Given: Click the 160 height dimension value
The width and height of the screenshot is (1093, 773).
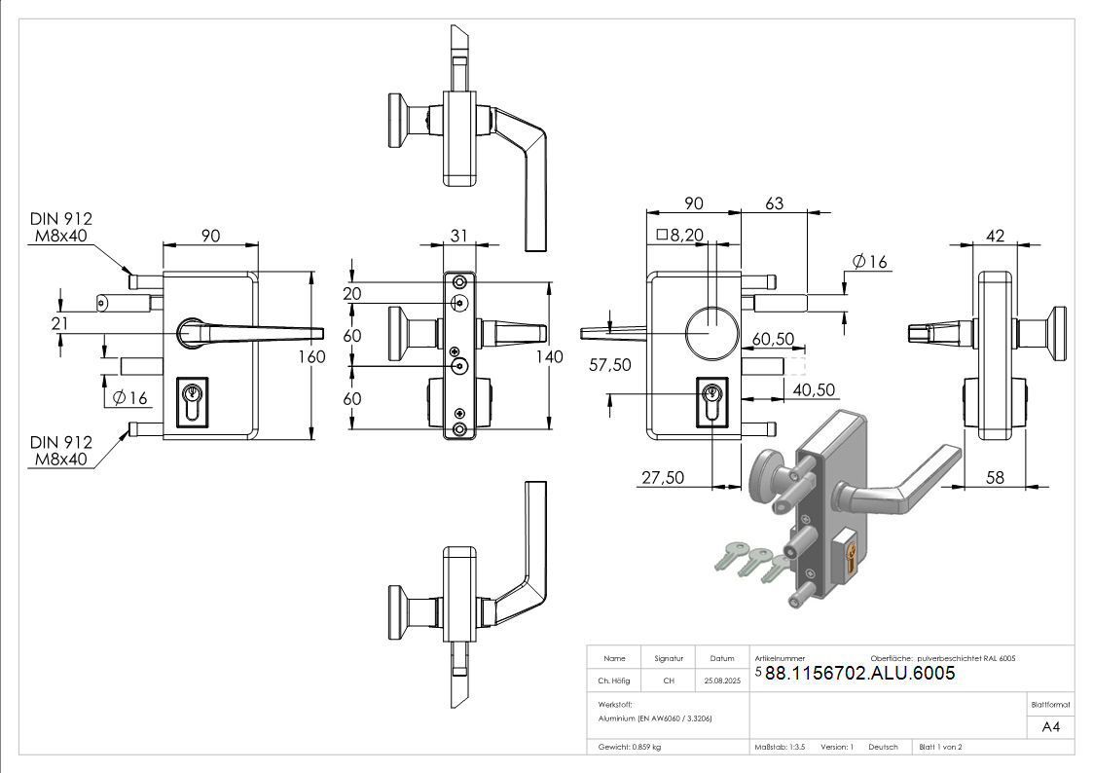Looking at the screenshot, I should [311, 356].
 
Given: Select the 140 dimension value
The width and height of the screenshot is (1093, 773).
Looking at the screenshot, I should [550, 357].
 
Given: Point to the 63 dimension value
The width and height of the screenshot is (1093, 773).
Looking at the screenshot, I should [775, 203].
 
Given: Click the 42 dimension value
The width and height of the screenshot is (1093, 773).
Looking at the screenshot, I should [995, 235].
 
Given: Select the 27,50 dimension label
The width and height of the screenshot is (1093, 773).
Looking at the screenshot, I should [662, 477].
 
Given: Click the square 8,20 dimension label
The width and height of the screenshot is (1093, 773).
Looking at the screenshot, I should [679, 234].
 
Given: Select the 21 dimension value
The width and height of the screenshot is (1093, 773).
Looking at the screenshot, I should [59, 323].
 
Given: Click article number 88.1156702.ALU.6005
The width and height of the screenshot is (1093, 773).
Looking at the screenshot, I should [859, 674].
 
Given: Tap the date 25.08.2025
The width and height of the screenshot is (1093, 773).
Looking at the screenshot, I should [722, 681].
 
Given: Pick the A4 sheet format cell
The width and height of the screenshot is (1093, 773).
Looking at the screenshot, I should [1051, 726].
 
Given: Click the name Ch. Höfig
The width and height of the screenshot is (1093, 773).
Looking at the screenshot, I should [614, 681].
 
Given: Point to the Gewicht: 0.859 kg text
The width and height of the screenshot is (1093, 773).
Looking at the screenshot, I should [630, 747].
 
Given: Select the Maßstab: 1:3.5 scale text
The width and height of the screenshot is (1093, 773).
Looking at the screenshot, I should [780, 747].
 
